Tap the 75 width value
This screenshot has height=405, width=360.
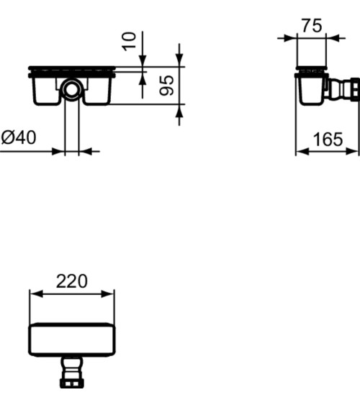pyautogui.click(x=311, y=26)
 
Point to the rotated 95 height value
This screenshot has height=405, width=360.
pyautogui.click(x=166, y=86)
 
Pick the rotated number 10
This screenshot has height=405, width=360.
pyautogui.click(x=130, y=40)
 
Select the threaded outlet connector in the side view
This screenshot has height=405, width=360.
pyautogui.click(x=347, y=90)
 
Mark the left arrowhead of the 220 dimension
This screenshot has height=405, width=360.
pyautogui.click(x=32, y=293)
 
